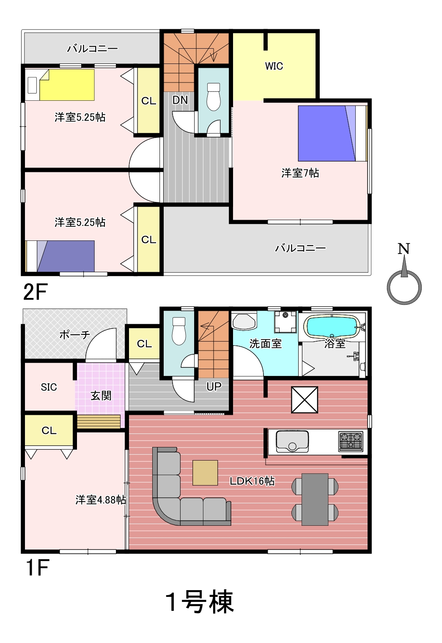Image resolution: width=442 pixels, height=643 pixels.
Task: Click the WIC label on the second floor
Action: coord(274,66)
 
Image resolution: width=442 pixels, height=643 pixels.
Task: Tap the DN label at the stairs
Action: coord(180,100)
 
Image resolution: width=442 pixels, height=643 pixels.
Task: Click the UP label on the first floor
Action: coord(214,386)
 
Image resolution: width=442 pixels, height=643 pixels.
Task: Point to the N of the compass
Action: coord(404,248)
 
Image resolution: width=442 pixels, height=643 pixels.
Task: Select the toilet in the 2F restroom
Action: coord(214,97)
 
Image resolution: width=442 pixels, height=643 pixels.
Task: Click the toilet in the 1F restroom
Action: coord(179,331)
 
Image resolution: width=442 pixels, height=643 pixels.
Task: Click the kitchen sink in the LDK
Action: coord(292,441)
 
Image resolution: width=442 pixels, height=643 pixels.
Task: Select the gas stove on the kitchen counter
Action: coord(351,441)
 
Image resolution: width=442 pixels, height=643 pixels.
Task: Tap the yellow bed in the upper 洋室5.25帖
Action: coord(67,85)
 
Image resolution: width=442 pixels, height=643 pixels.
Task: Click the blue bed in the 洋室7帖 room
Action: coord(327,133)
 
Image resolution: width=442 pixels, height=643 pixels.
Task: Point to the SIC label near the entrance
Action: coord(49,387)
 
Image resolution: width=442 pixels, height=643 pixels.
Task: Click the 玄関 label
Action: coord(101,396)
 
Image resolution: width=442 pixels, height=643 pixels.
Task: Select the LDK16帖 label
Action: coord(252,481)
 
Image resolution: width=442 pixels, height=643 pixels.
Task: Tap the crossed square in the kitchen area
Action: coord(304,400)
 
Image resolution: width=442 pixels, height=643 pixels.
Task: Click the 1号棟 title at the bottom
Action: coord(200,602)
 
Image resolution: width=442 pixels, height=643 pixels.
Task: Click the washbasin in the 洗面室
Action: coord(244,322)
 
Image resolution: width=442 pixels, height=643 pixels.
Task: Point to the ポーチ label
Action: coord(74,335)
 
